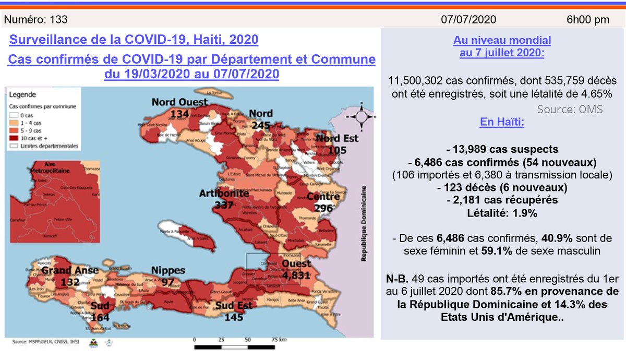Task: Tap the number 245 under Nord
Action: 260,125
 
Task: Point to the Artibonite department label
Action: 223,194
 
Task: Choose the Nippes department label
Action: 168,270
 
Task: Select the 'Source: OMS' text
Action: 570,109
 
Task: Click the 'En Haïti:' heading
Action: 502,123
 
